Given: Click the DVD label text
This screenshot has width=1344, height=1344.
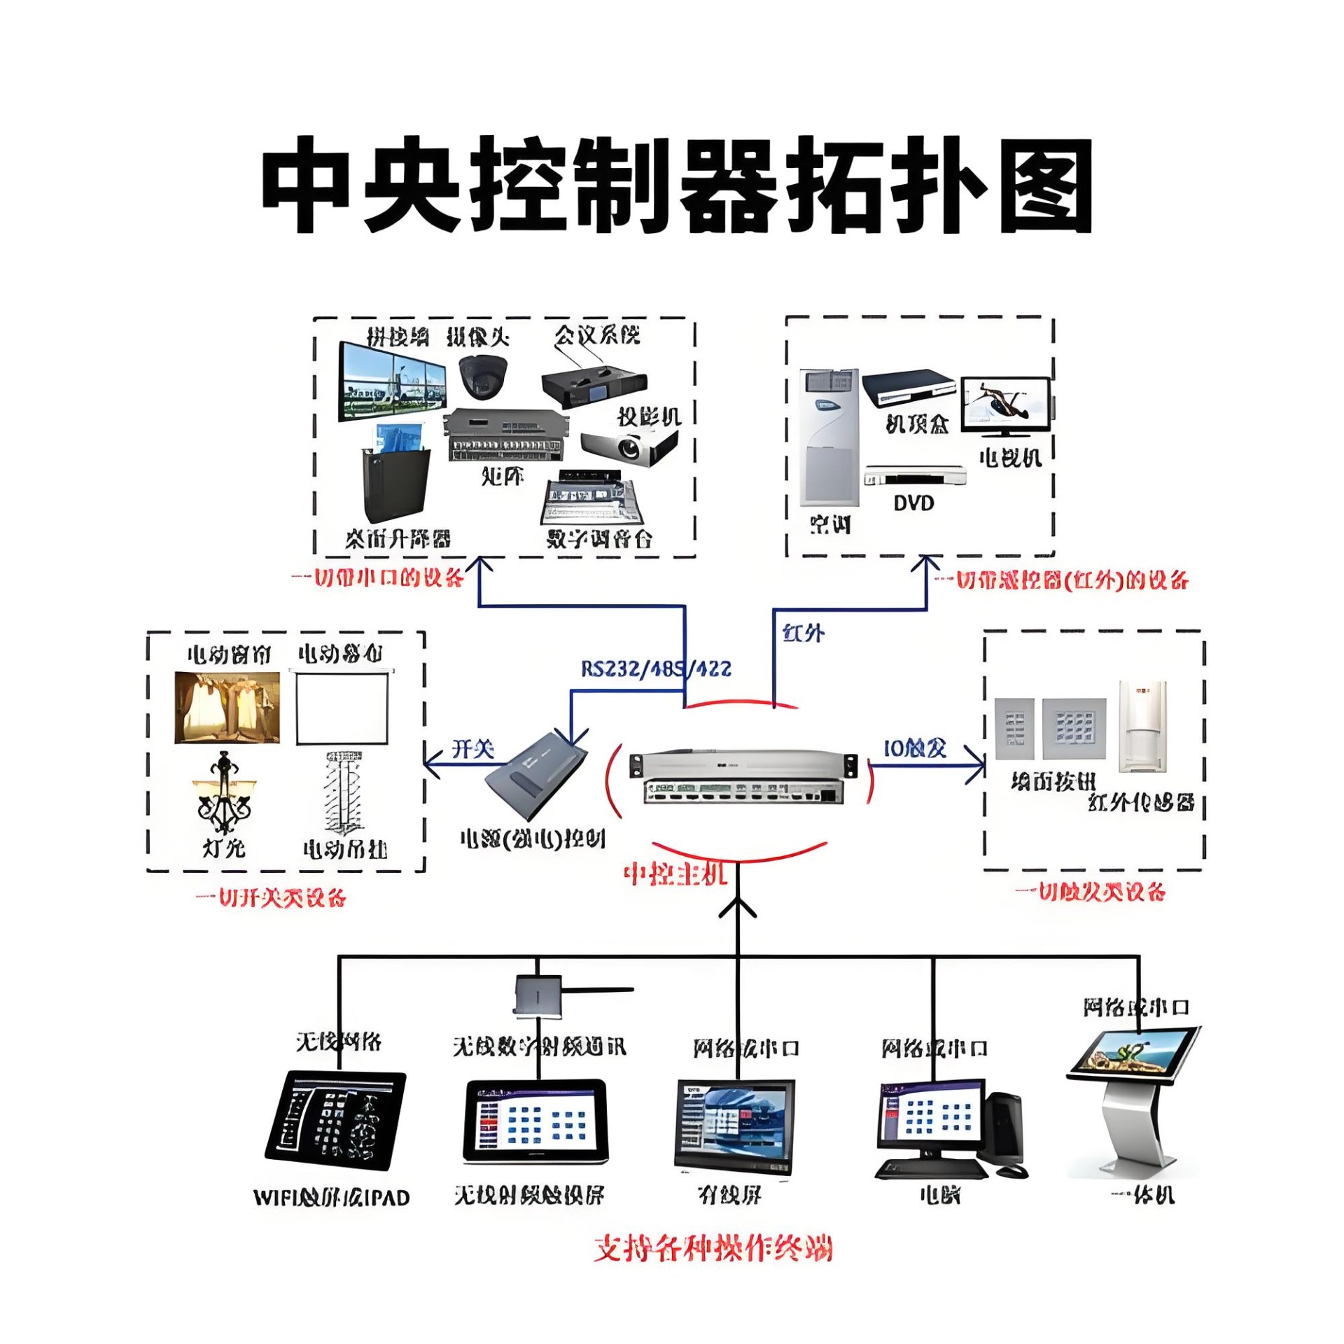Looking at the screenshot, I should (x=913, y=503).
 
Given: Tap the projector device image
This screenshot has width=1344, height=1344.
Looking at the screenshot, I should (x=629, y=445).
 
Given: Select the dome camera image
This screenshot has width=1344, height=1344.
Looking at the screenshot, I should (x=482, y=374).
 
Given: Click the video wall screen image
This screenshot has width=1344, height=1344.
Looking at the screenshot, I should (x=392, y=382).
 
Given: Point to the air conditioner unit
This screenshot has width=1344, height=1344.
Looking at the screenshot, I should (x=829, y=437).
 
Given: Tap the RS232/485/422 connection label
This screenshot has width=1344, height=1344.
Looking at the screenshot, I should (x=656, y=668).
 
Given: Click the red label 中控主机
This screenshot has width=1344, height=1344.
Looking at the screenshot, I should (x=675, y=874).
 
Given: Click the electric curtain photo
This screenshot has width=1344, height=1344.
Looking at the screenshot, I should (x=227, y=707).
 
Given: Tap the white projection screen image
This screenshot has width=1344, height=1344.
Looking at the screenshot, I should (x=342, y=708).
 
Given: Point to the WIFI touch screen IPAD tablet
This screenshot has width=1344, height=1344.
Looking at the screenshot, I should (x=335, y=1120).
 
